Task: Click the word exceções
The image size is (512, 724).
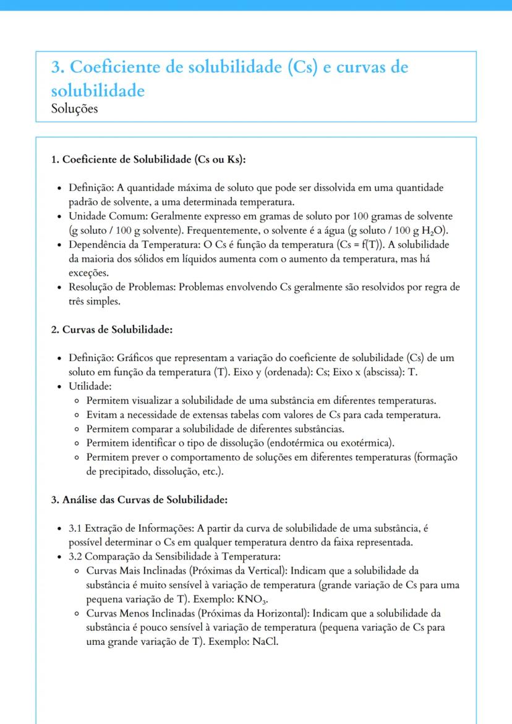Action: point(89,273)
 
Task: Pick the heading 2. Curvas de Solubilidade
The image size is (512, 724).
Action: point(111,330)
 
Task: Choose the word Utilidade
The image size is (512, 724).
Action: point(89,386)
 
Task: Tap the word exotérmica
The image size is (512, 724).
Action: point(370,443)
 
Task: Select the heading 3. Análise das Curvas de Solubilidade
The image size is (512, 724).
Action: point(139,499)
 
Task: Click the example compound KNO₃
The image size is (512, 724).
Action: point(252,599)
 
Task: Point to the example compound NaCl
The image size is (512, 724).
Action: point(265,642)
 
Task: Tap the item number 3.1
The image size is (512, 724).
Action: point(75,528)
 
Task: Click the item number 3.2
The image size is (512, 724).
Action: point(75,556)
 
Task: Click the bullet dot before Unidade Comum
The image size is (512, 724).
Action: point(58,216)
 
